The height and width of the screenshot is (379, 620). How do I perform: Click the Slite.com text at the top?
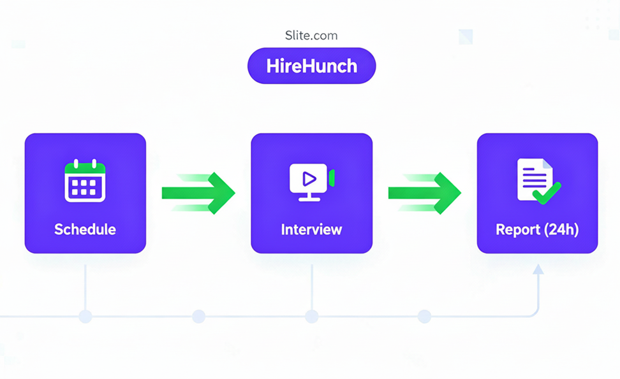pos(311,36)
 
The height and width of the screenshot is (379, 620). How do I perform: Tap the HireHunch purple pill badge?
pos(311,66)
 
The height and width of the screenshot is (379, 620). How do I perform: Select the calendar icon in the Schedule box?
pos(85,182)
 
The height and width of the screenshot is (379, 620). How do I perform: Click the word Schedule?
pos(85,229)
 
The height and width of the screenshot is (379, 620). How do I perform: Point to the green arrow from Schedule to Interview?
pos(199,192)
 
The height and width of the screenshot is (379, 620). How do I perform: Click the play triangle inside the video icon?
pos(309,178)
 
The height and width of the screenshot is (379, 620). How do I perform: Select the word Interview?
pos(311,229)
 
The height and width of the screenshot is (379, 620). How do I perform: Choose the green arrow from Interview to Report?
pos(425,192)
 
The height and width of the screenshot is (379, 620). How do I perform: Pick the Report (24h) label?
pos(537,229)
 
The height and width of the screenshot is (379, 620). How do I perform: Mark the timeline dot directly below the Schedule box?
pos(85,316)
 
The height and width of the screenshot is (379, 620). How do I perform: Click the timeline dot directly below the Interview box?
pos(311,316)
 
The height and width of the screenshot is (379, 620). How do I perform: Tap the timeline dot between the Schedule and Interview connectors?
pos(198,316)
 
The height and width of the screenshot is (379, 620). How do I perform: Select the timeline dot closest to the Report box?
pos(424,316)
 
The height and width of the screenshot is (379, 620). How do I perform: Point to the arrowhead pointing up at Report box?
pos(538,270)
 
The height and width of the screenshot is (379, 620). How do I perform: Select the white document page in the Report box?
pos(531,178)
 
